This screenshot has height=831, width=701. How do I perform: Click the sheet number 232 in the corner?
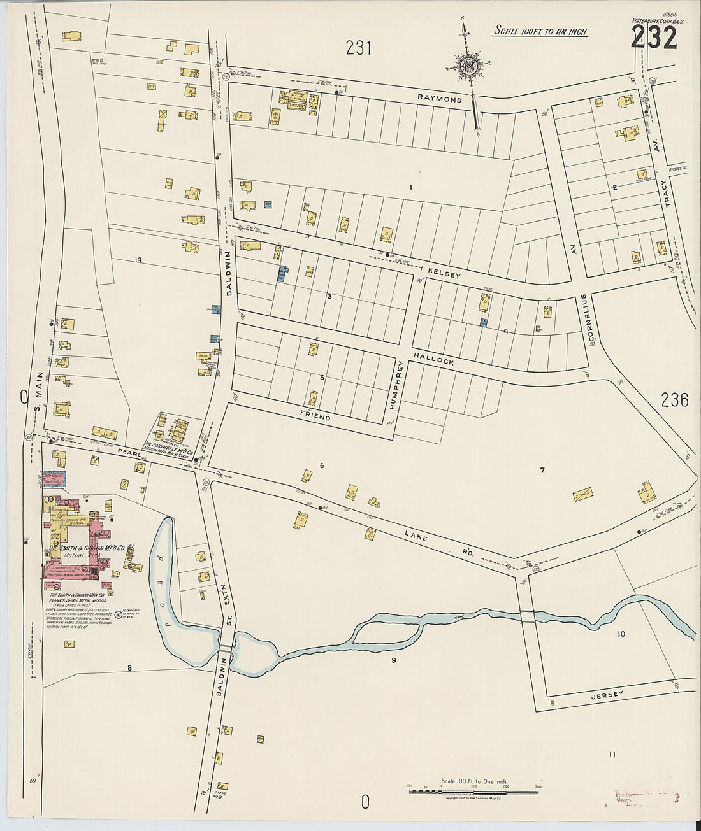654,39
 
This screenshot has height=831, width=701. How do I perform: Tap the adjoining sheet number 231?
358,48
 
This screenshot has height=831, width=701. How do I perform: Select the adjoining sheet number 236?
674,400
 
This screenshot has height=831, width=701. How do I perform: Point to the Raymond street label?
440,99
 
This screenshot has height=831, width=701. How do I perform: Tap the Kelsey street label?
444,273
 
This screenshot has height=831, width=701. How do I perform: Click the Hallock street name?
433,359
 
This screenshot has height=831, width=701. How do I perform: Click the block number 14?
137,259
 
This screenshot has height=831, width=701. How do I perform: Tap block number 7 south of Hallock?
542,471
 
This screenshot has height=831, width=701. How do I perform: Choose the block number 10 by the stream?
621,634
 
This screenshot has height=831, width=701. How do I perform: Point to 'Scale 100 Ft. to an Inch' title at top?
540,31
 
